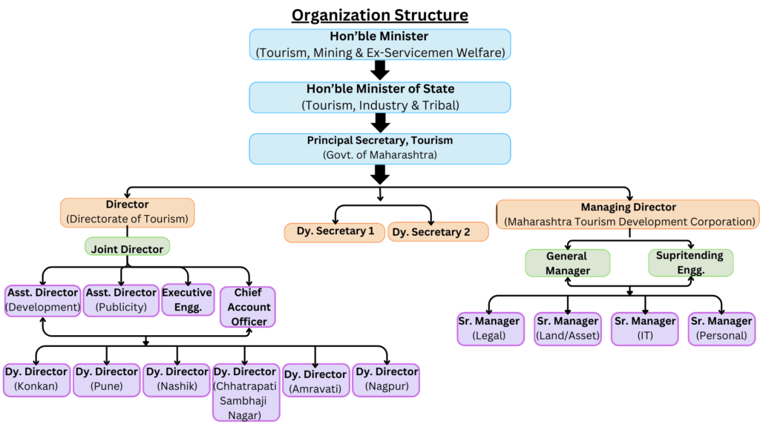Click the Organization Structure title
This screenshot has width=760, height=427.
(379, 15)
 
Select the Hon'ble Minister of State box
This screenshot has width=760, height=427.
(379, 97)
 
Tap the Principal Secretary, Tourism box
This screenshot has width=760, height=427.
(379, 148)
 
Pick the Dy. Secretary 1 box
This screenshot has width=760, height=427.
(335, 232)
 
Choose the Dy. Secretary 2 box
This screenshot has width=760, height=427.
(437, 232)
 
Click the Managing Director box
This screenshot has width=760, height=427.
(627, 213)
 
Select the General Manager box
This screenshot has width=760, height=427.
(567, 263)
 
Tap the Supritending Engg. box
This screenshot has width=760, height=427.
(690, 263)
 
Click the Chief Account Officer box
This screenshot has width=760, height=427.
(248, 307)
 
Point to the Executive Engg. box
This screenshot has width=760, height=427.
(187, 300)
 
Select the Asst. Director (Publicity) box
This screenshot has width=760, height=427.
(120, 300)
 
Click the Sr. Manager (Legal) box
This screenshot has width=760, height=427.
(488, 328)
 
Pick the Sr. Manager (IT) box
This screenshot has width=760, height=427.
(644, 328)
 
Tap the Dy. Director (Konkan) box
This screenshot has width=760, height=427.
(36, 380)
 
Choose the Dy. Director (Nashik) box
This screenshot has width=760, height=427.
(176, 380)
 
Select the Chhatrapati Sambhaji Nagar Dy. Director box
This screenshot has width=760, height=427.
(246, 391)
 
